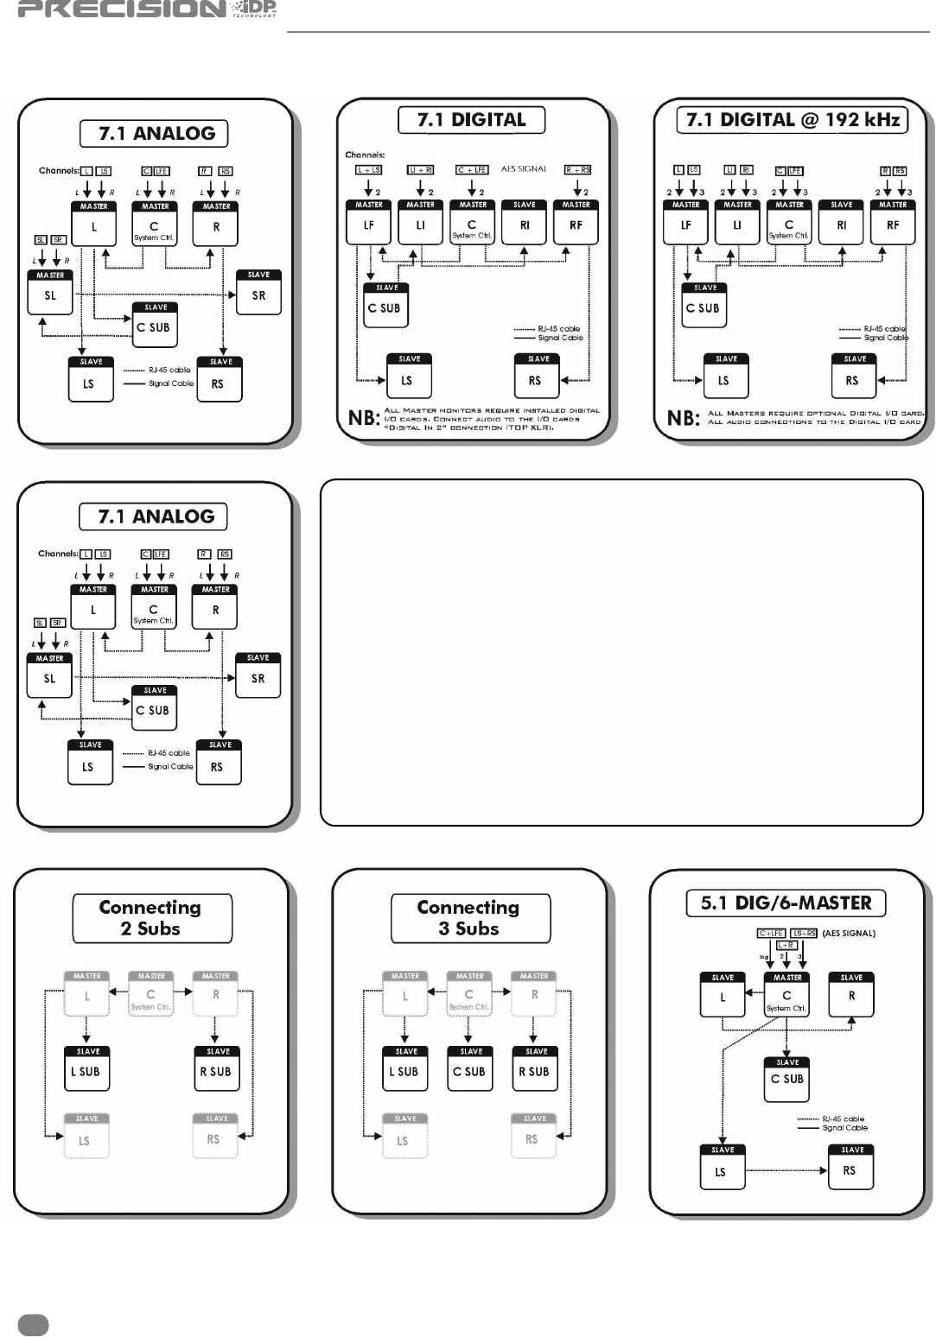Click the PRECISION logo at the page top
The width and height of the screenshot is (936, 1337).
(x=147, y=10)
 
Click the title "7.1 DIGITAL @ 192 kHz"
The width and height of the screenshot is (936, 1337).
(x=793, y=120)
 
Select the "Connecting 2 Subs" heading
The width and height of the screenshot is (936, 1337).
(x=151, y=918)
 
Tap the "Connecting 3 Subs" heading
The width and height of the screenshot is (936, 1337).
(x=469, y=918)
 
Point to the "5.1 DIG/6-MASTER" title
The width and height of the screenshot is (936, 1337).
(x=786, y=903)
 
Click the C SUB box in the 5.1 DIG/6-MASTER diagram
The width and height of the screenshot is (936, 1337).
(x=786, y=1079)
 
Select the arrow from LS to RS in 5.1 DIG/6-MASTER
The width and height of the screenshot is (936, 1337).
(x=786, y=1170)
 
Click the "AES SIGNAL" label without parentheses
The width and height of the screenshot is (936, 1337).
(x=525, y=169)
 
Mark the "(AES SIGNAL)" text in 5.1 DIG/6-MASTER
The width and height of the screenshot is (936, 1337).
(x=849, y=934)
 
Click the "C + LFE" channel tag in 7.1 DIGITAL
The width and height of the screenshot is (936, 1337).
(x=473, y=170)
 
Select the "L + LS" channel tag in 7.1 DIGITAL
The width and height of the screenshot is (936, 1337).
(x=369, y=170)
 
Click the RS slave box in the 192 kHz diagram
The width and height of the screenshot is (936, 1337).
(x=854, y=377)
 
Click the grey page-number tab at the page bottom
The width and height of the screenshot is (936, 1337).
(x=33, y=1325)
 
